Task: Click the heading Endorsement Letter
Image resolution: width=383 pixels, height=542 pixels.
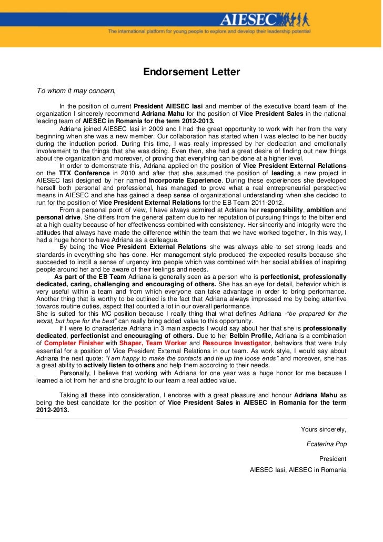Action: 191,72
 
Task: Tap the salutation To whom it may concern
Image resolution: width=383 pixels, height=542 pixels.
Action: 75,90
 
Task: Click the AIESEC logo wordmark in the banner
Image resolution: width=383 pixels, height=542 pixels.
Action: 248,20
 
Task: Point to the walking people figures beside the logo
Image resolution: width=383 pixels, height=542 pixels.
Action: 294,19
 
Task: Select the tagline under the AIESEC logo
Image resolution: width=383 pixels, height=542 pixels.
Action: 209,32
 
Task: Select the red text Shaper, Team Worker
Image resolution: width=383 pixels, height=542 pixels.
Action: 157,343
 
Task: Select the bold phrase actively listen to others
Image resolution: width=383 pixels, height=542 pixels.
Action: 119,365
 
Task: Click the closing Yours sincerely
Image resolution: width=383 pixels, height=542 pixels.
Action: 323,429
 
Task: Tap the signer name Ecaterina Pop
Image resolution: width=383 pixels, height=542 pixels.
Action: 326,444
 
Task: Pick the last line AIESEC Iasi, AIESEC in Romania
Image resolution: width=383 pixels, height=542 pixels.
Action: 298,469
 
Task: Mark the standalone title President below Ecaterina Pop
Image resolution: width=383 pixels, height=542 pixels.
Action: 332,458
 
